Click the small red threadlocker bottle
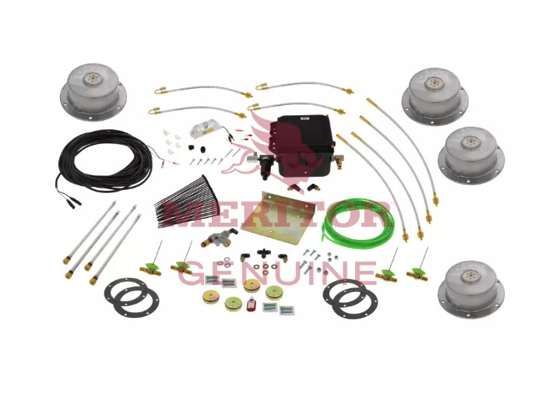click(x=250, y=304)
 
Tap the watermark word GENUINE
click(x=277, y=272)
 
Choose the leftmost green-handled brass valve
click(x=151, y=268)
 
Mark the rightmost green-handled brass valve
click(x=417, y=274)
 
